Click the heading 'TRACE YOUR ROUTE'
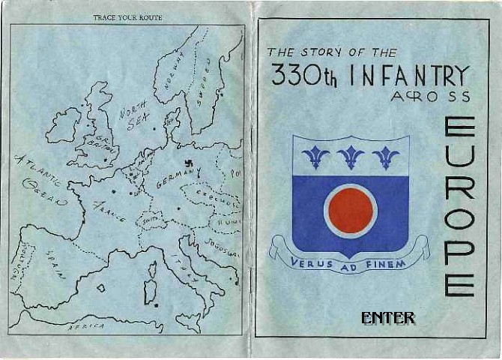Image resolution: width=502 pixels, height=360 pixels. tap(127, 16)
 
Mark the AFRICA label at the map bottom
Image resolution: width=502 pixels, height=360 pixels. tap(85, 327)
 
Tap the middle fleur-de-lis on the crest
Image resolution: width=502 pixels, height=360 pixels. tap(351, 156)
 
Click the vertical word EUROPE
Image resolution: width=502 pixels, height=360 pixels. tap(459, 205)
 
